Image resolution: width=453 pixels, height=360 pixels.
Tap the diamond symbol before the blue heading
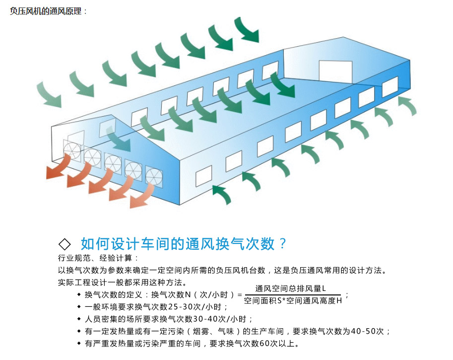click(x=65, y=244)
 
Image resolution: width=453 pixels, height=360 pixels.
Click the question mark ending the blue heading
click(x=283, y=244)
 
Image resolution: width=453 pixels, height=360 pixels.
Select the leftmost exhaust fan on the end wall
click(x=71, y=149)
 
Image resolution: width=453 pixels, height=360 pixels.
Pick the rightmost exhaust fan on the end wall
click(x=154, y=175)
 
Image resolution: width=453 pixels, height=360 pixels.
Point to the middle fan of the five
click(x=113, y=162)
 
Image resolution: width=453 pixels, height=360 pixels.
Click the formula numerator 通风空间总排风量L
click(x=290, y=288)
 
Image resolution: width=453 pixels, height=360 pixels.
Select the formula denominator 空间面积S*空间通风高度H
click(x=293, y=300)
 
